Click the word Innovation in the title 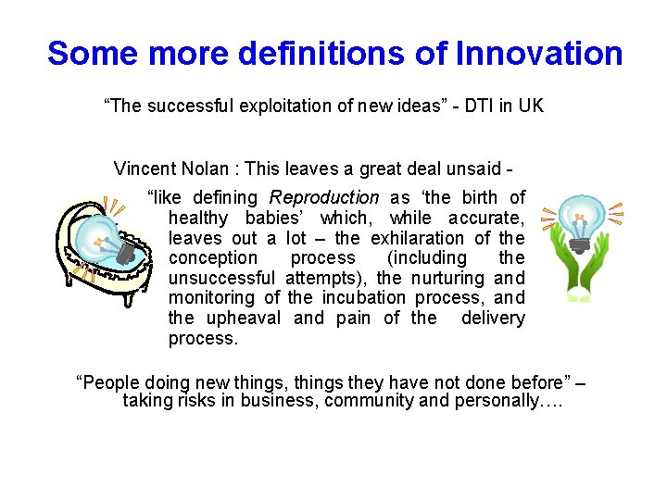(539, 53)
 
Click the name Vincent (144, 169)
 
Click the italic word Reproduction (324, 197)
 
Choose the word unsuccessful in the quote (221, 279)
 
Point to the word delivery (493, 319)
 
